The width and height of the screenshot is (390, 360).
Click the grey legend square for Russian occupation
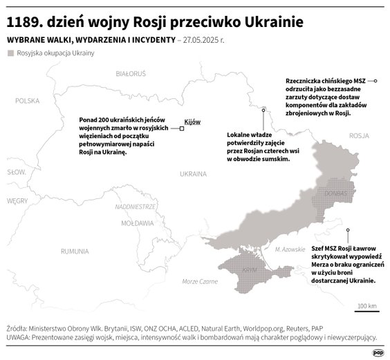pos(10,53)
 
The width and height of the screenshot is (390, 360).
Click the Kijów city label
pos(192,121)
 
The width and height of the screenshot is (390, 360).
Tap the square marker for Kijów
pos(182,128)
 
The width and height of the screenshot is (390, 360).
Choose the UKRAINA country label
pos(193,173)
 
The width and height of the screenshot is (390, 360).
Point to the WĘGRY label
pos(15,200)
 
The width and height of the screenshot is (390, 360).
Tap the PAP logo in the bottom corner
pos(378,352)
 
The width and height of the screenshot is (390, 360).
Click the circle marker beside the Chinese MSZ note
pos(375,81)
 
